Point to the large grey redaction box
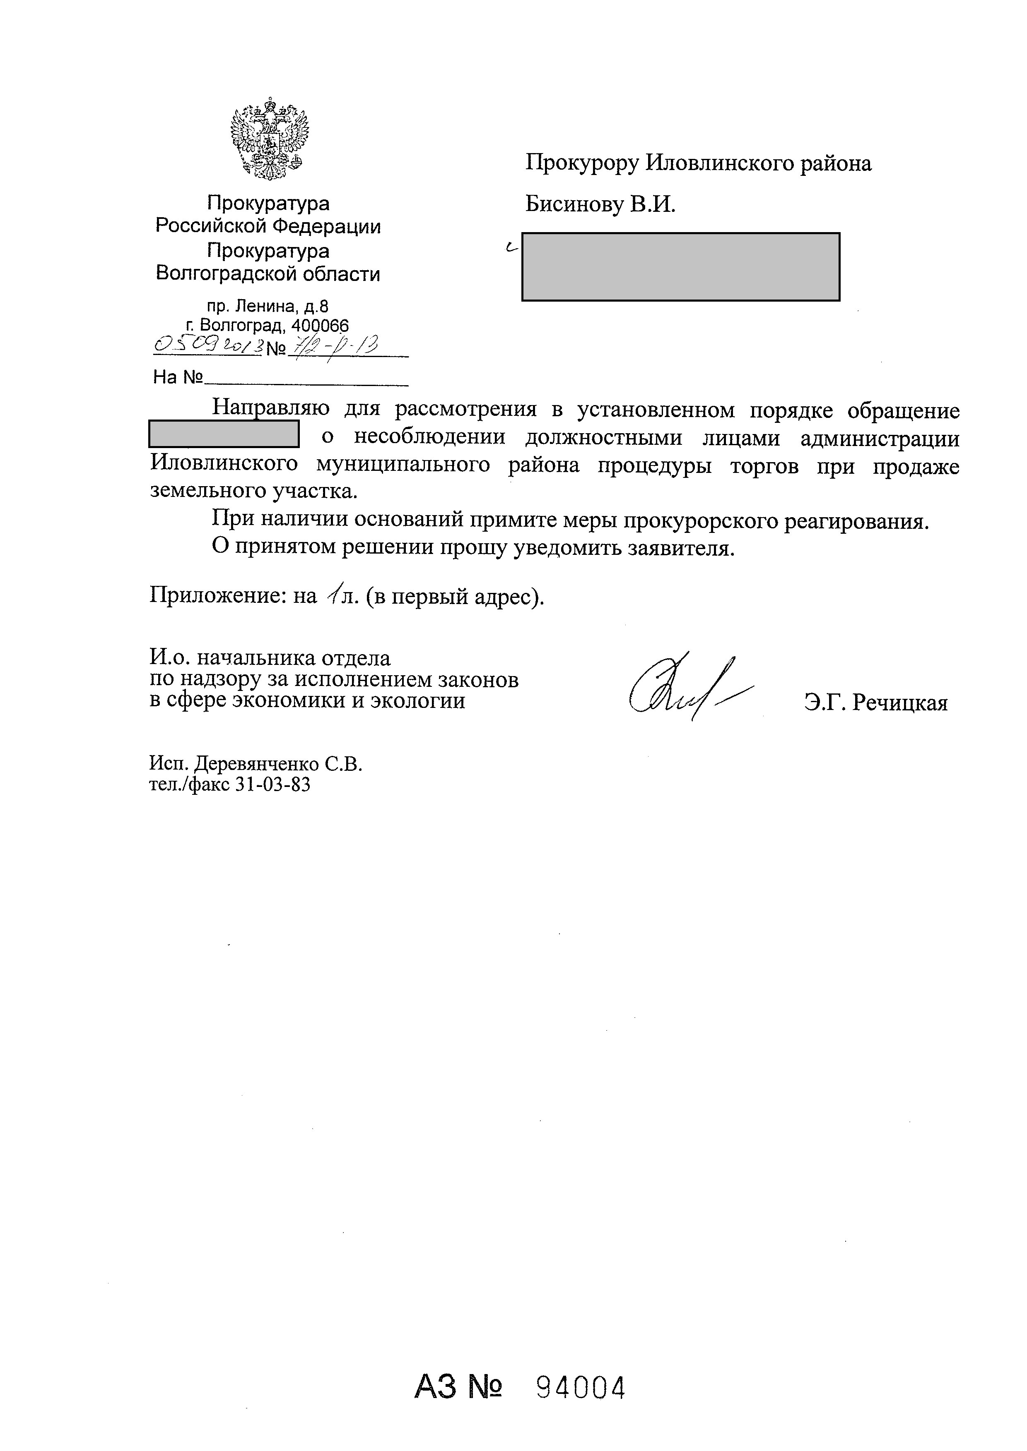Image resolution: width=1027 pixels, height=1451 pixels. [680, 267]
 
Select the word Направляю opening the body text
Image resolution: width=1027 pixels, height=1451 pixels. [270, 409]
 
